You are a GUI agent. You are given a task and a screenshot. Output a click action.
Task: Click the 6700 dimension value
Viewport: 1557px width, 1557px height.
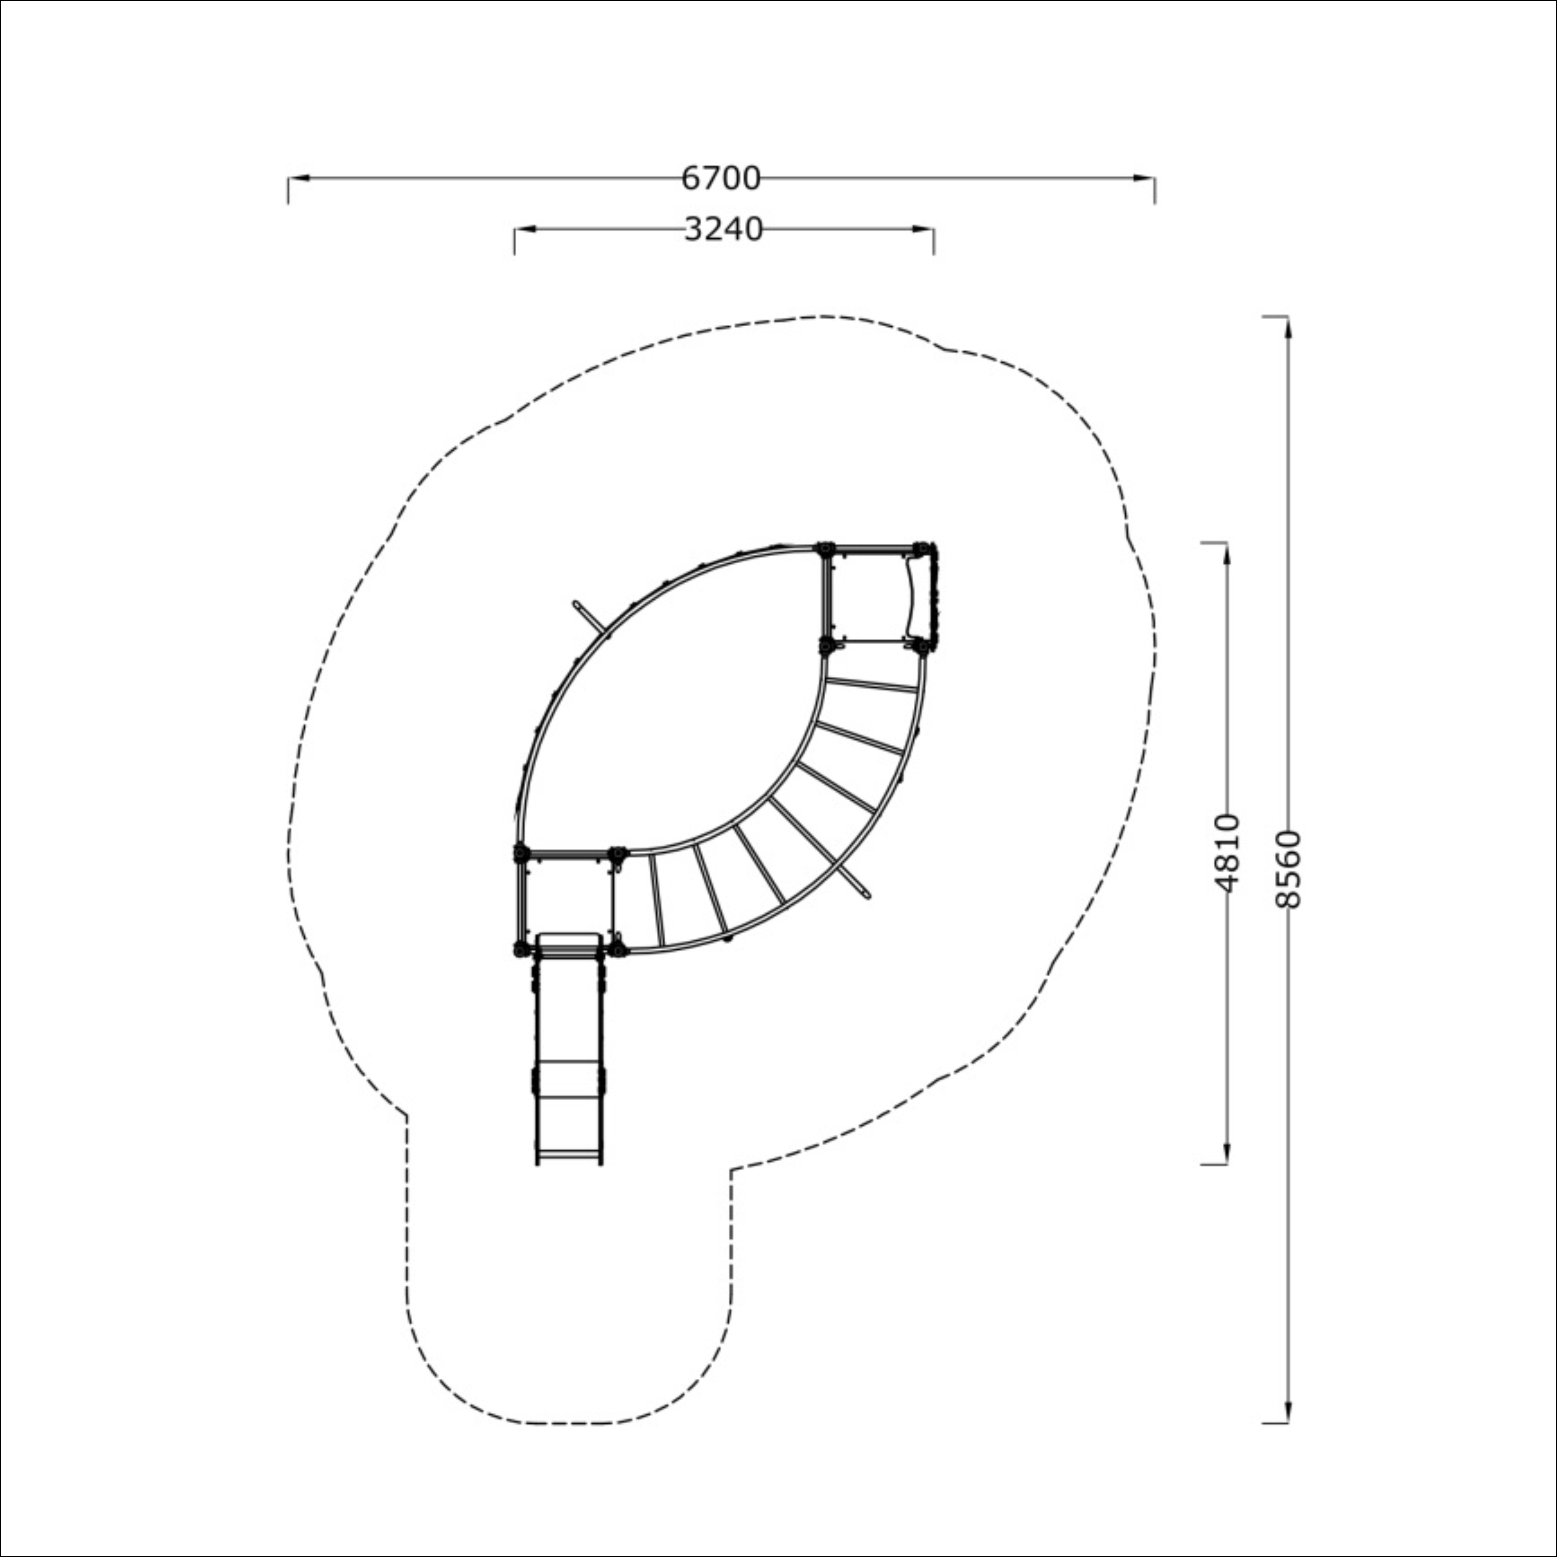(x=720, y=178)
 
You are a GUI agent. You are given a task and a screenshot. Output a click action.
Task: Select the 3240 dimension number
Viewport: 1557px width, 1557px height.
(x=723, y=230)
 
